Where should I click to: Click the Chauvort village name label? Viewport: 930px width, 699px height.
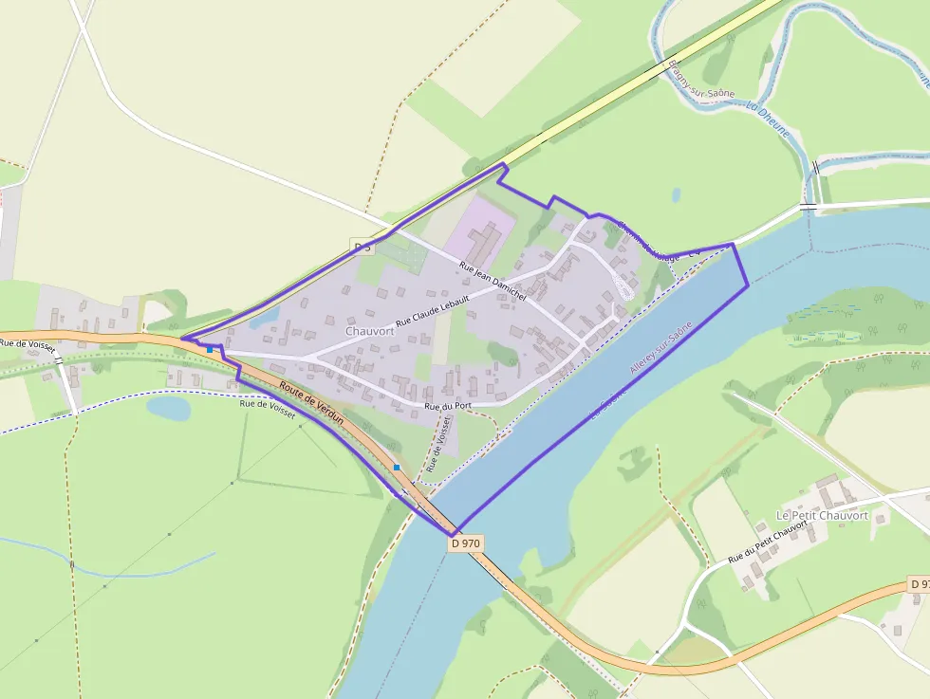370,331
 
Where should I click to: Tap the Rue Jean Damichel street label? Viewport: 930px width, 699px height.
492,282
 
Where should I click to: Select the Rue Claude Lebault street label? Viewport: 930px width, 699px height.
433,309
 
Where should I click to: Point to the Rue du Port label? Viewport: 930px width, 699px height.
449,407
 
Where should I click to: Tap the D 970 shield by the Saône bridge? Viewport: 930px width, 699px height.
466,543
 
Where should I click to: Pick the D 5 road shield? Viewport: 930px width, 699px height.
362,248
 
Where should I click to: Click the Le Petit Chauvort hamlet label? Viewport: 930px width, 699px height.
822,515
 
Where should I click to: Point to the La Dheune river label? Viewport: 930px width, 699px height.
768,120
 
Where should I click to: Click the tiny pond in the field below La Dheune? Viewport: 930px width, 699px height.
676,194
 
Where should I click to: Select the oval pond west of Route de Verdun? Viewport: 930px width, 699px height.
169,408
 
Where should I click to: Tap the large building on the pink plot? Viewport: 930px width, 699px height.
485,242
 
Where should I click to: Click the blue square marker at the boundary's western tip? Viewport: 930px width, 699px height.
210,349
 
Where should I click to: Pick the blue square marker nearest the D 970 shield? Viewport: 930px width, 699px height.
397,468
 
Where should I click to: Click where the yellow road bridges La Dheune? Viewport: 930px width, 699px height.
664,68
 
